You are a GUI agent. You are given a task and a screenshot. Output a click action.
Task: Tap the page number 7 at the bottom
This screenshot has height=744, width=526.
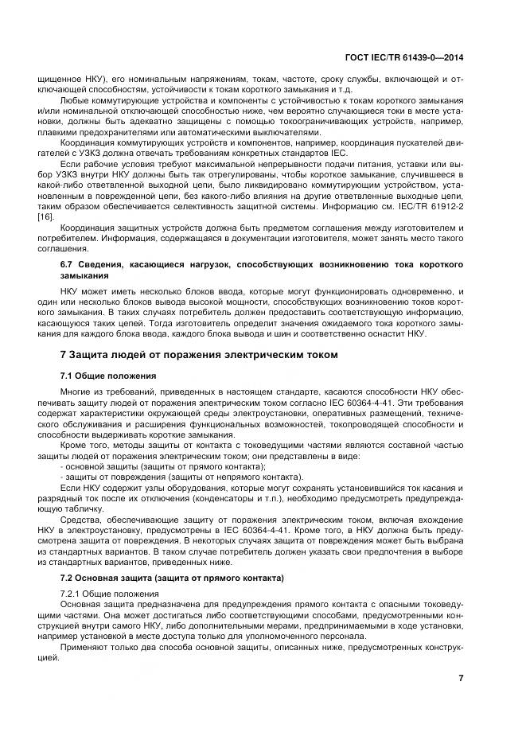point(462,677)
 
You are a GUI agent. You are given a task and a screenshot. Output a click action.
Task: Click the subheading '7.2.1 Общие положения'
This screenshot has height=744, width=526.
point(110,594)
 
